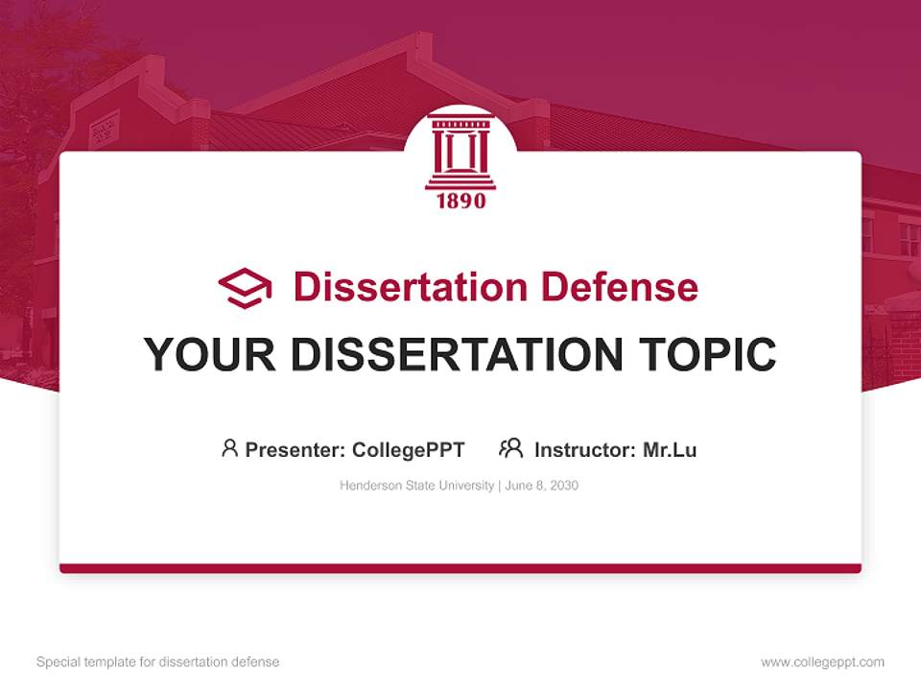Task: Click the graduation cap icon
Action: pos(245,287)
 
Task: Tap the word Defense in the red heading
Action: pos(619,287)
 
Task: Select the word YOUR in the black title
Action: pos(209,354)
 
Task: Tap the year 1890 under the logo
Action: pos(460,201)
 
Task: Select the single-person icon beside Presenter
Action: pos(229,448)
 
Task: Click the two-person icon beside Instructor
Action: pos(510,448)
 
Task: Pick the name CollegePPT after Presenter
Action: pos(409,449)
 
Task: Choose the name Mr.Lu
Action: pos(670,449)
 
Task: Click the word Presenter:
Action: pos(295,449)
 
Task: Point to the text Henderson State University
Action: pos(416,486)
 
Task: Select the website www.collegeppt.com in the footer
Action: pos(822,662)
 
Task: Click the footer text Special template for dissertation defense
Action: pos(158,662)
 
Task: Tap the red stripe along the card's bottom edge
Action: pos(460,568)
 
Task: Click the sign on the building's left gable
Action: pos(104,129)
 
